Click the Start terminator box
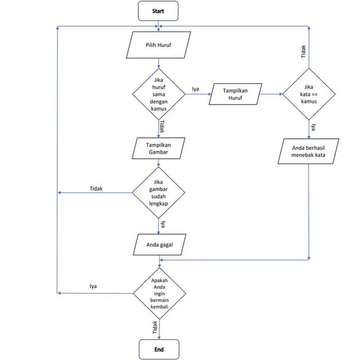(158, 11)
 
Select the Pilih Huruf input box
(158, 45)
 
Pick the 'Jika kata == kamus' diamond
(309, 94)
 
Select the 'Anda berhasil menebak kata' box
(309, 151)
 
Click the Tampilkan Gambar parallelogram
(158, 148)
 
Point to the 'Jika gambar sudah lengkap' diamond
(158, 193)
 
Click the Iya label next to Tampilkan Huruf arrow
(195, 89)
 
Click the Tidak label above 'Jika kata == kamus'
(303, 52)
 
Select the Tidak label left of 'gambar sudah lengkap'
(96, 188)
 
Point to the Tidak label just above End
(154, 327)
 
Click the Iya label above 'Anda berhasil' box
(313, 127)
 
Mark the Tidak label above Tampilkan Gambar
(162, 126)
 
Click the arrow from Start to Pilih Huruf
(158, 26)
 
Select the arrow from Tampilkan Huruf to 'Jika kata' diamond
(271, 94)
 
